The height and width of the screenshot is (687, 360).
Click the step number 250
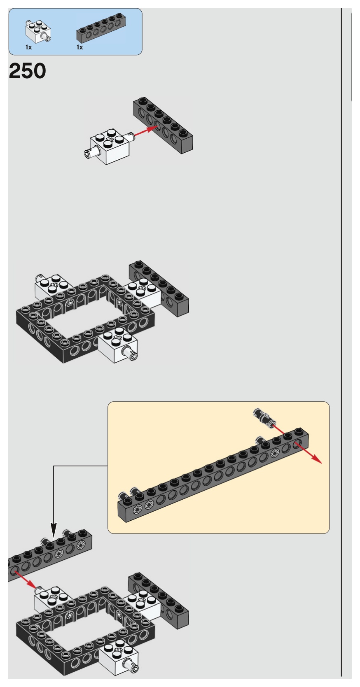pos(27,71)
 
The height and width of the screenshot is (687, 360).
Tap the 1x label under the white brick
pos(28,48)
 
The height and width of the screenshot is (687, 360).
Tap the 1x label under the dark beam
pos(79,48)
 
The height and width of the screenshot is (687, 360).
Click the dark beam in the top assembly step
pos(163,125)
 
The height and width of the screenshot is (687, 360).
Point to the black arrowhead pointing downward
pos(54,529)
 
